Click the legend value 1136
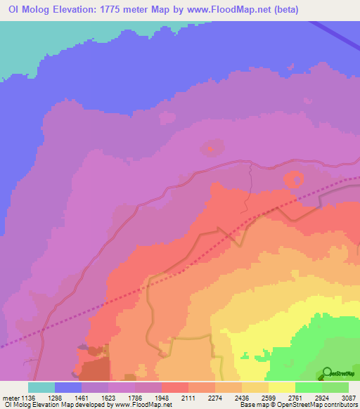tap(28, 398)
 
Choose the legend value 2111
tap(188, 398)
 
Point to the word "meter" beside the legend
tap(10, 398)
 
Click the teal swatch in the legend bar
tap(41, 387)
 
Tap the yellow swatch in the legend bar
tap(282, 387)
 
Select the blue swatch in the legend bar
tap(68, 387)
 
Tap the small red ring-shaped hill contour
tap(294, 179)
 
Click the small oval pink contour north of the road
tap(210, 149)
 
